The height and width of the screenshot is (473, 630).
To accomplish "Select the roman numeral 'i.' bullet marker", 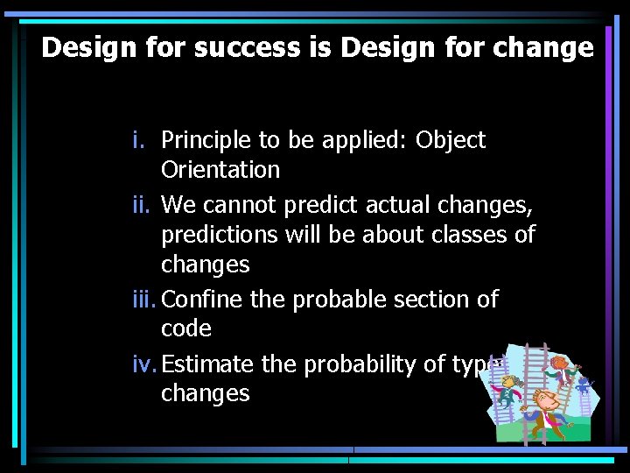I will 139,140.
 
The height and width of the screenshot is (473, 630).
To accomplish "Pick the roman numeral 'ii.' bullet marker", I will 142,205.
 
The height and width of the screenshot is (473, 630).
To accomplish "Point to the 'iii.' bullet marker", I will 145,300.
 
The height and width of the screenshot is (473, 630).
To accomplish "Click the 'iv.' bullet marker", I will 145,364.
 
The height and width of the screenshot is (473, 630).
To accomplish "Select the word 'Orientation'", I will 220,170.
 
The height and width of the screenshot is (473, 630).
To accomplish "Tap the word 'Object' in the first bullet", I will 451,140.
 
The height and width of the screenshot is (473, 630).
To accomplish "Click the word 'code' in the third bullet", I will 186,329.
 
